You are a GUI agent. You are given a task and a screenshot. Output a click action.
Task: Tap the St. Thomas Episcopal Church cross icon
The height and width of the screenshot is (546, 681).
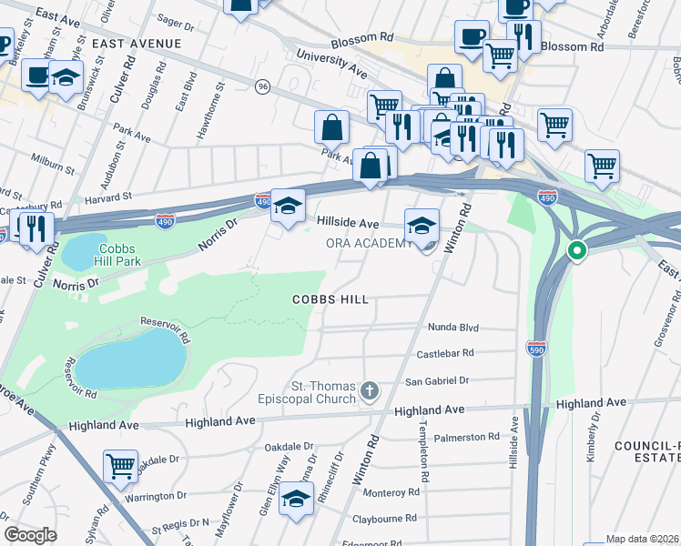click(x=369, y=391)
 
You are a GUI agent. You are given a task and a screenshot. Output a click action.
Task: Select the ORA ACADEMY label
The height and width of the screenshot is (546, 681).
click(x=369, y=243)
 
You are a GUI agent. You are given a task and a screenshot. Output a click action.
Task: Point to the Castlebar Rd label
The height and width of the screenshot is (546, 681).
click(x=445, y=353)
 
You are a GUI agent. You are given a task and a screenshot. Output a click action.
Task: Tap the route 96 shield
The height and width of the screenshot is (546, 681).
click(x=263, y=86)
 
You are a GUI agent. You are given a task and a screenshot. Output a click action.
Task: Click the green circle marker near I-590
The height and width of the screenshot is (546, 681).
click(x=575, y=251)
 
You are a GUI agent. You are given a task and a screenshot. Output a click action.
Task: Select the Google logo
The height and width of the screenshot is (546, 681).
click(x=30, y=535)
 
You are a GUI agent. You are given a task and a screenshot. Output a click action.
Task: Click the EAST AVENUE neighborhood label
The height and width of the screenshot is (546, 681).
click(x=137, y=43)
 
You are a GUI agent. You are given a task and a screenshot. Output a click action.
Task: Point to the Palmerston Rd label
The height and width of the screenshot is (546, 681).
click(x=473, y=437)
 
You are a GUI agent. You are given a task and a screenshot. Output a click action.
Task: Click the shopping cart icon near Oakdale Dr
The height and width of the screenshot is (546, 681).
click(x=120, y=466)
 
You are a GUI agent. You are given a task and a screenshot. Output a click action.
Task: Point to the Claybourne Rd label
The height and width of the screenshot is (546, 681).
click(x=386, y=518)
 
